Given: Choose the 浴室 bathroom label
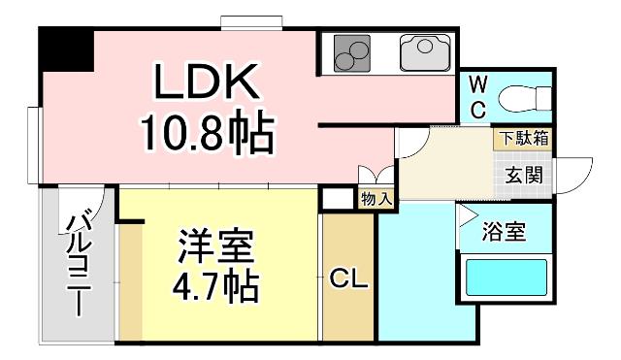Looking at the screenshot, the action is click(x=505, y=233).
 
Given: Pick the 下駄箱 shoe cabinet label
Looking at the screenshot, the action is click(x=524, y=139).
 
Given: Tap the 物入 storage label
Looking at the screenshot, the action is click(x=376, y=199).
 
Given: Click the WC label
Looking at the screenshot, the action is click(x=478, y=97).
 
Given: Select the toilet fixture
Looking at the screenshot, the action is click(x=524, y=99).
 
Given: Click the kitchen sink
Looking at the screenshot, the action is click(x=425, y=52).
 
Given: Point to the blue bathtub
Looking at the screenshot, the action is click(x=507, y=278).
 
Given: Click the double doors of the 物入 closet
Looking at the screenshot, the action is click(x=376, y=177).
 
